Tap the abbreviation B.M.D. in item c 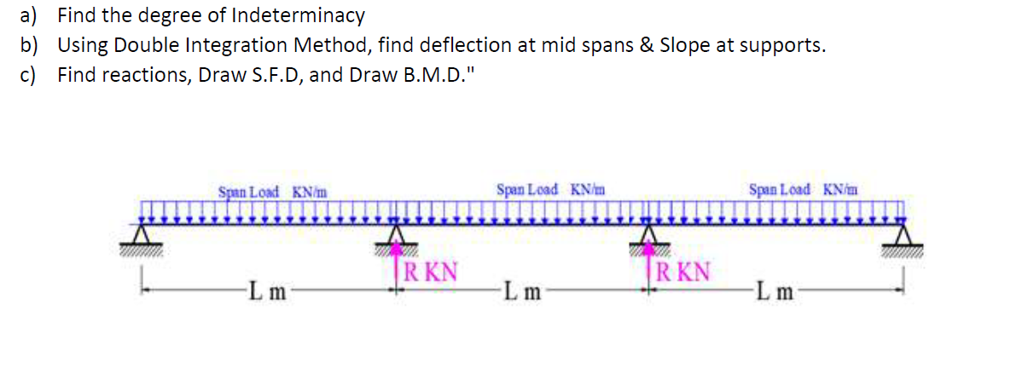(x=433, y=75)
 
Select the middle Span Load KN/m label (x=550, y=189)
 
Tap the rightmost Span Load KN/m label (x=804, y=189)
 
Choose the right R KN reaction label (x=684, y=273)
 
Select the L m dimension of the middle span (x=522, y=293)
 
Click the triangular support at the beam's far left (x=143, y=235)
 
